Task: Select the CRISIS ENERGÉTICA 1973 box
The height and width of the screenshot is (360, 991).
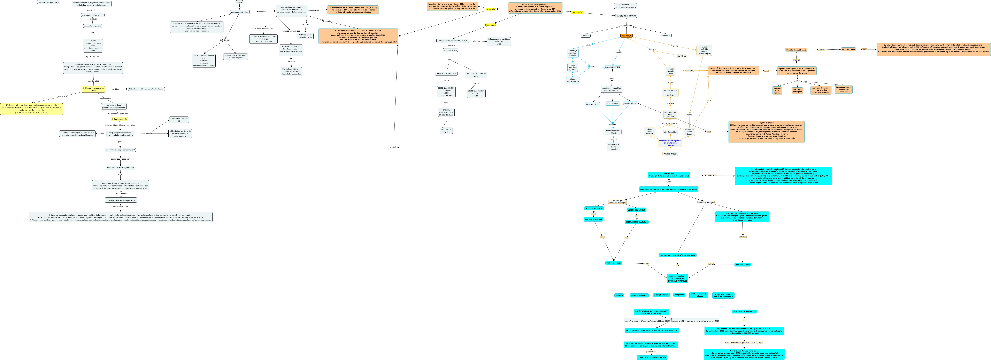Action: (x=93, y=15)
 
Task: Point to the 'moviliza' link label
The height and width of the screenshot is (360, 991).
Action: (x=115, y=89)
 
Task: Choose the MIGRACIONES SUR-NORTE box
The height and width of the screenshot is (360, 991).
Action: (x=235, y=57)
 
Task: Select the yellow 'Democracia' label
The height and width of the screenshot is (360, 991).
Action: (x=490, y=25)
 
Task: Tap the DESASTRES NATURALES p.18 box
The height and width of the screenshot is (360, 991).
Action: (x=476, y=75)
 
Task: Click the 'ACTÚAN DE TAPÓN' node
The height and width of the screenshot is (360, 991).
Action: (x=446, y=131)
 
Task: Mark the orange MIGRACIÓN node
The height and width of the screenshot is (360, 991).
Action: (x=626, y=36)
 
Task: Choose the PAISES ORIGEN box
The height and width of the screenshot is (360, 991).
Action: (x=670, y=154)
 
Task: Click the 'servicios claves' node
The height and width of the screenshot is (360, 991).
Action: (x=848, y=49)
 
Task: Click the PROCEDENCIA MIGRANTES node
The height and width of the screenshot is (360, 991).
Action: (x=744, y=312)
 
